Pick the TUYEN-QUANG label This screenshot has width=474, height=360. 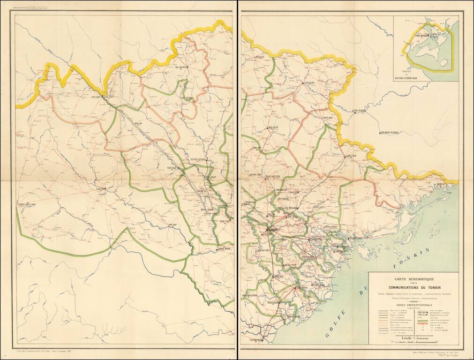[x=198, y=160]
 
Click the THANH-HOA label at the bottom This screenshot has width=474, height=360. [x=256, y=340]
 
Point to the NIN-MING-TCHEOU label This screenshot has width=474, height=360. [x=391, y=133]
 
